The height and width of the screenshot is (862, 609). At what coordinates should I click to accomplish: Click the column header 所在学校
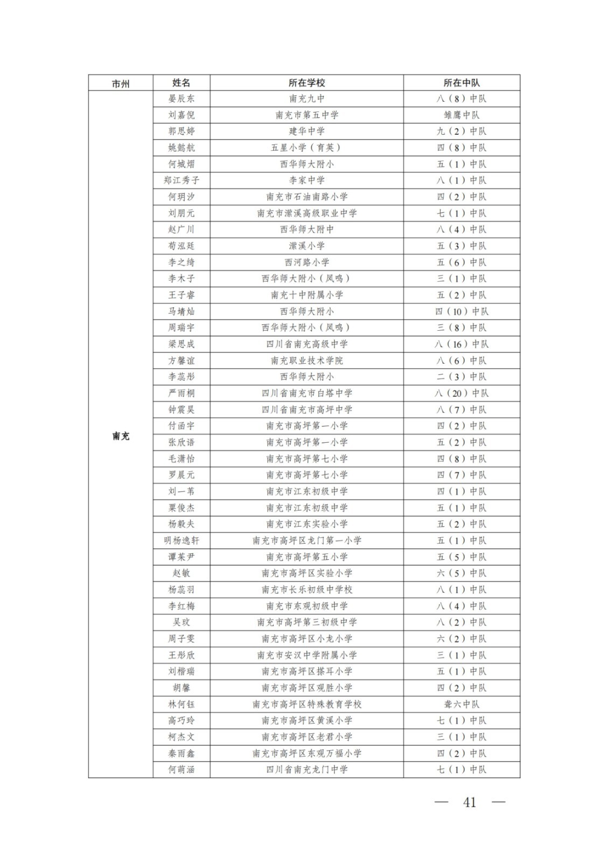[x=306, y=83]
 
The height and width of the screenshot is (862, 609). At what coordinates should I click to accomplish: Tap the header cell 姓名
[x=181, y=83]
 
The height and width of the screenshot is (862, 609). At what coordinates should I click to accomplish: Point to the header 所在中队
[x=461, y=83]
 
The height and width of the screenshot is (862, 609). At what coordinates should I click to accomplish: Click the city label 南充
[x=121, y=436]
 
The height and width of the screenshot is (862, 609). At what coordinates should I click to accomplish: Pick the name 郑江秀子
[x=181, y=180]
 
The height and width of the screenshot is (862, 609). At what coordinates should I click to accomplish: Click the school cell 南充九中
[x=306, y=99]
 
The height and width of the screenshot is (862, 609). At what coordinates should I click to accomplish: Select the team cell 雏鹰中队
[x=461, y=115]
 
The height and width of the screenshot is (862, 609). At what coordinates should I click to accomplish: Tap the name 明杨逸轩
[x=181, y=540]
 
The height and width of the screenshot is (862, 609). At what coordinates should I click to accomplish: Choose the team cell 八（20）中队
[x=461, y=393]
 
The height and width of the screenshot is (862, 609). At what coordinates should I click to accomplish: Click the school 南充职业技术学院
[x=306, y=360]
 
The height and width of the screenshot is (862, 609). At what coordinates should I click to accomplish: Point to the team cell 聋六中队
[x=461, y=704]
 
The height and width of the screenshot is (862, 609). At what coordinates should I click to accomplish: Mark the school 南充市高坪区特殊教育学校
[x=306, y=704]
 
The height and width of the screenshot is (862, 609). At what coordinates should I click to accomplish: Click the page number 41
[x=470, y=802]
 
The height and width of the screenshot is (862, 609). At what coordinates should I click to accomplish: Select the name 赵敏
[x=181, y=573]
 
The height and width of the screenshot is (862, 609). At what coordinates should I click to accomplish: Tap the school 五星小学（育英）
[x=306, y=148]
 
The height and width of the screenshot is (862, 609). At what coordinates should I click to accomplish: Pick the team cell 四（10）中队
[x=461, y=311]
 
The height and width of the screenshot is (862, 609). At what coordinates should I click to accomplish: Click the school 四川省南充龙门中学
[x=306, y=769]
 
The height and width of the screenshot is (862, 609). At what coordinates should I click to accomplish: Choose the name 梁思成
[x=181, y=344]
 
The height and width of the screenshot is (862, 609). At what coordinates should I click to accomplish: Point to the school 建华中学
[x=306, y=131]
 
